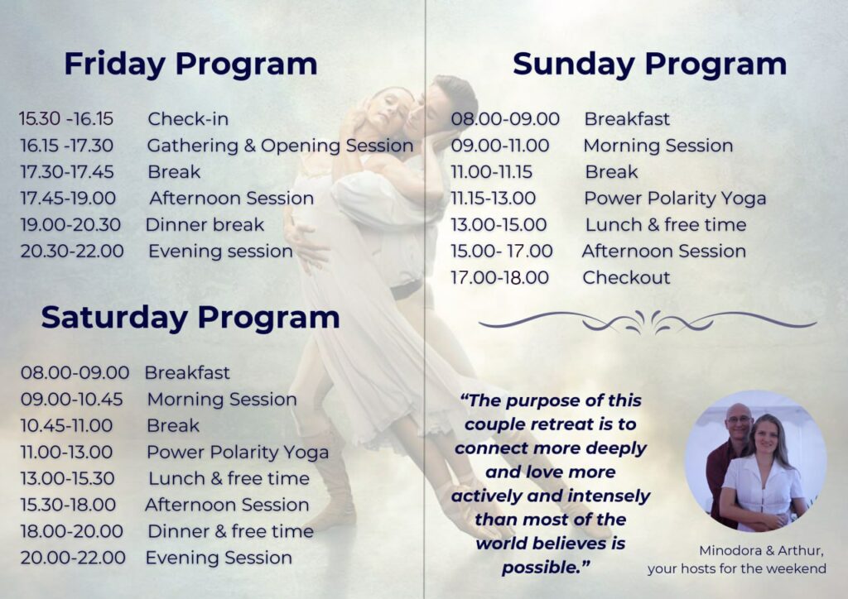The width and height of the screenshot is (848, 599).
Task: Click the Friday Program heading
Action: pyautogui.click(x=190, y=65)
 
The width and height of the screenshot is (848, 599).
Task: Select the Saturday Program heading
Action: pyautogui.click(x=190, y=317)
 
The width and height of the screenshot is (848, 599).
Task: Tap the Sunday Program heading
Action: pyautogui.click(x=649, y=65)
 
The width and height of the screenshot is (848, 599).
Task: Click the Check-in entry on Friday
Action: pyautogui.click(x=188, y=119)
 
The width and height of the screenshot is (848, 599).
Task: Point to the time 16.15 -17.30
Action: pyautogui.click(x=66, y=146)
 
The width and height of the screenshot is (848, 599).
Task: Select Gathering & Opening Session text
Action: pyautogui.click(x=280, y=146)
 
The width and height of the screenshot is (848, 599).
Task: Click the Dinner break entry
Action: pyautogui.click(x=205, y=225)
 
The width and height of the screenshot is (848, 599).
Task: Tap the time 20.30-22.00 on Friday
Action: pyautogui.click(x=72, y=252)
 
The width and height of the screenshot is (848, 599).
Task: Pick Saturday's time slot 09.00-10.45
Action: pyautogui.click(x=71, y=399)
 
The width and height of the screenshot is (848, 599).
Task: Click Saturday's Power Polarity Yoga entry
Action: pyautogui.click(x=238, y=453)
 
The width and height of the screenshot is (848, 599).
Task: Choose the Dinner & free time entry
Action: pyautogui.click(x=230, y=531)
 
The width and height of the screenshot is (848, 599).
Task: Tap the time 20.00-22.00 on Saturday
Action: pyautogui.click(x=73, y=558)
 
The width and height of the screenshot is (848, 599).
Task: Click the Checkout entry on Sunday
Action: pyautogui.click(x=626, y=278)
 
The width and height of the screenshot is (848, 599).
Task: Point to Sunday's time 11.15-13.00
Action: pyautogui.click(x=494, y=199)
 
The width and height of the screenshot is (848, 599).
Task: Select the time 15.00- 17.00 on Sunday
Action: pyautogui.click(x=502, y=252)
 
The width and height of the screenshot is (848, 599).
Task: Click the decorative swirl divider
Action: pyautogui.click(x=648, y=322)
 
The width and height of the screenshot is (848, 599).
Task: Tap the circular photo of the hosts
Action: pyautogui.click(x=755, y=461)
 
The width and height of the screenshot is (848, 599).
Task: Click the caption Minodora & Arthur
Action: pyautogui.click(x=762, y=551)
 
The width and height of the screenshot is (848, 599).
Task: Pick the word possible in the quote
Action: pyautogui.click(x=542, y=568)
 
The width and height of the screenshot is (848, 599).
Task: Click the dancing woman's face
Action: pyautogui.click(x=385, y=112)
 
